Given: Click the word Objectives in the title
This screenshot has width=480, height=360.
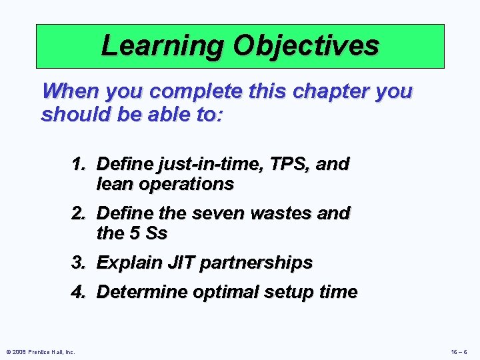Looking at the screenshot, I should tap(306, 45).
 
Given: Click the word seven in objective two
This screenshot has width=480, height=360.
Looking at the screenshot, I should tap(210, 213).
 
